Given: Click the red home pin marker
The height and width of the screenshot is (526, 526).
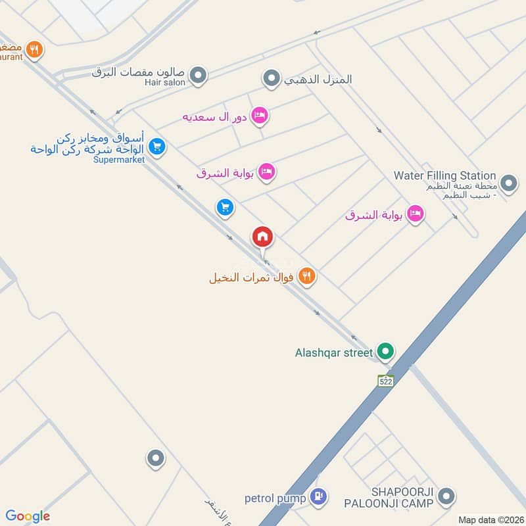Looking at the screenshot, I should pos(262,237).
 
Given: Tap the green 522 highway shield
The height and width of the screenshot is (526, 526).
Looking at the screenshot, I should pos(386,380).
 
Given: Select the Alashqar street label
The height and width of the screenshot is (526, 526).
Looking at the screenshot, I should pos(334,352).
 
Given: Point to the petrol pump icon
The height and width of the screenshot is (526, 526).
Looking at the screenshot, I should pos(318,498).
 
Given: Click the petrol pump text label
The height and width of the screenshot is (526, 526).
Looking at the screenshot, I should pos(276,498).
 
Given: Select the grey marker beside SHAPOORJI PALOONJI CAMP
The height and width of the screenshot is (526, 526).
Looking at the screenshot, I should pos(446,497).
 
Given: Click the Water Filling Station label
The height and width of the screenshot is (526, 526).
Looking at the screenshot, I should pos(444,176).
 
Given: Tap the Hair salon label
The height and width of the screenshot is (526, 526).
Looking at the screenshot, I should pos(166,83).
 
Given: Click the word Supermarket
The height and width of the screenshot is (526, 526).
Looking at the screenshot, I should pos(118,160).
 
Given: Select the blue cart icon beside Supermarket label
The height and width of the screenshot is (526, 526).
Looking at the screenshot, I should pos(156,146).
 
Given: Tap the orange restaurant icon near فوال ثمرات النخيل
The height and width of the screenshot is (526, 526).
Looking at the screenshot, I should pos(306,277).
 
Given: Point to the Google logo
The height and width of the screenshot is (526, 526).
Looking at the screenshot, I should pos(28,516).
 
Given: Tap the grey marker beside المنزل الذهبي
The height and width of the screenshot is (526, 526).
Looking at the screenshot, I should pos(271,80).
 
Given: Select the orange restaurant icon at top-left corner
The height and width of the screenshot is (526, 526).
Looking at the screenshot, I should pos(35,49).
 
